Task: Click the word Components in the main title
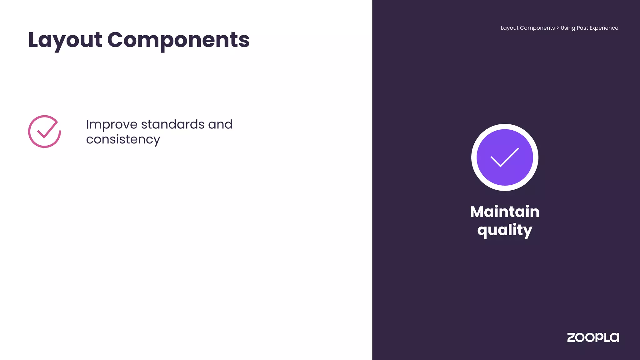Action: tap(178, 40)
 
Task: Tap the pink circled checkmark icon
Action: tap(44, 132)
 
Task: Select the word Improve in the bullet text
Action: tap(112, 124)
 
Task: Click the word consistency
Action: tap(123, 139)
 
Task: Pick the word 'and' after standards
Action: tap(220, 124)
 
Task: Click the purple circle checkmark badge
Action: tap(505, 157)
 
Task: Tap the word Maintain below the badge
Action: tap(505, 212)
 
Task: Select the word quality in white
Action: tap(505, 230)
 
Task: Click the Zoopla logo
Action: tap(593, 337)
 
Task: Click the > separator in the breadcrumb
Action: tap(557, 28)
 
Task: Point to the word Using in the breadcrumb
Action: tap(567, 28)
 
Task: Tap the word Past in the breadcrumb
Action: tap(582, 28)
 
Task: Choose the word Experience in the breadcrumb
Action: tap(604, 28)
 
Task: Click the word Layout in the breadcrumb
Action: tap(509, 28)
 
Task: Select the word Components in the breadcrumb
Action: tap(537, 28)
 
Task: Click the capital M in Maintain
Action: tap(477, 212)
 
